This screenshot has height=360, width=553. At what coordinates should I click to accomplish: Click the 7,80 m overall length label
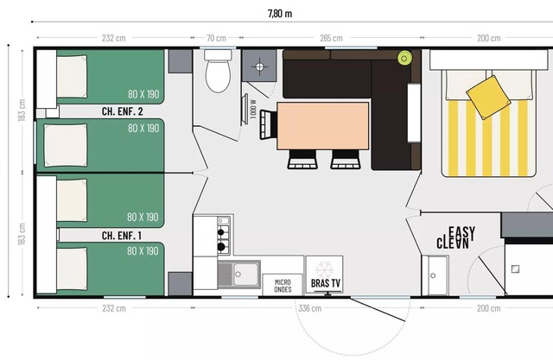click(x=280, y=14)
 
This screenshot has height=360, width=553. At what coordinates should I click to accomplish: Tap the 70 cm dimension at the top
click(x=216, y=38)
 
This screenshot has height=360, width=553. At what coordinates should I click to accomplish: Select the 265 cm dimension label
click(x=331, y=38)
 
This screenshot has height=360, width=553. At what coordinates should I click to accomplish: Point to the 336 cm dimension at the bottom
click(x=310, y=308)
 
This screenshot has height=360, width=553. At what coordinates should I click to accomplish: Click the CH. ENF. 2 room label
click(x=123, y=111)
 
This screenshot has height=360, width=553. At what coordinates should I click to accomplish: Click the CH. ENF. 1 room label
click(x=122, y=236)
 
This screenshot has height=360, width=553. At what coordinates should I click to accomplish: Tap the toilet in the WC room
click(x=218, y=71)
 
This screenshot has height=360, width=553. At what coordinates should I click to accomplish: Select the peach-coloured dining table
click(x=323, y=126)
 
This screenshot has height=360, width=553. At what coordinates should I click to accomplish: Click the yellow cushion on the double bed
click(x=488, y=98)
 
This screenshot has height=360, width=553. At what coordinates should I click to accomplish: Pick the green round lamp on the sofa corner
click(x=404, y=58)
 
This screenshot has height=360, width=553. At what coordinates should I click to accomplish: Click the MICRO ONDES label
click(x=283, y=286)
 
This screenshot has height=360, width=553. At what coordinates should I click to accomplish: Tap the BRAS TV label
click(x=326, y=283)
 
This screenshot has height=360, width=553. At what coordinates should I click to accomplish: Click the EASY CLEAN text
click(x=455, y=237)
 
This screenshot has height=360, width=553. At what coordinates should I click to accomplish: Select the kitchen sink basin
click(x=246, y=275)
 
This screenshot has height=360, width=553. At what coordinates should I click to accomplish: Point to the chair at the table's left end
click(x=269, y=124)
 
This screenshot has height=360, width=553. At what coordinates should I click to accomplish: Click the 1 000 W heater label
click(x=253, y=109)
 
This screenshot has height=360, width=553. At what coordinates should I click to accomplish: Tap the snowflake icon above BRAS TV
click(x=325, y=269)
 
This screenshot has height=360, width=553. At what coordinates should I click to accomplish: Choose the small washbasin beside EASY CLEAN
click(x=435, y=275)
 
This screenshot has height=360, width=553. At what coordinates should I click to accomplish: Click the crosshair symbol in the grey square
click(x=259, y=66)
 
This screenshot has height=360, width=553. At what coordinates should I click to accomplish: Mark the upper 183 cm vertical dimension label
click(x=22, y=110)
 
